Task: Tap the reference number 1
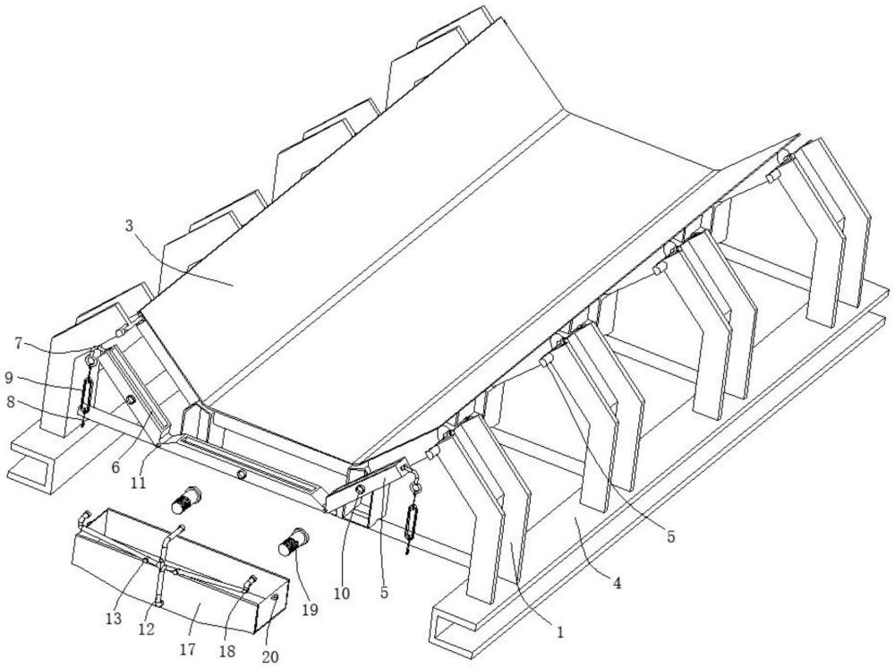click(x=559, y=631)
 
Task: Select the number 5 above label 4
click(x=670, y=537)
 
